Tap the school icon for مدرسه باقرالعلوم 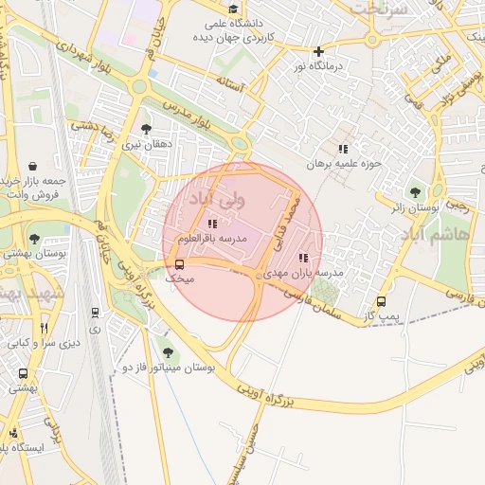211,224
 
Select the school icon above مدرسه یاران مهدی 302,257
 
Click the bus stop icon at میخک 180,264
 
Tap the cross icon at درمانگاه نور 318,51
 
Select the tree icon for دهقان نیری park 145,129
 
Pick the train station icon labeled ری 95,312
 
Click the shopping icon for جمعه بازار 33,167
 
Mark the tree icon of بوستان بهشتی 34,239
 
